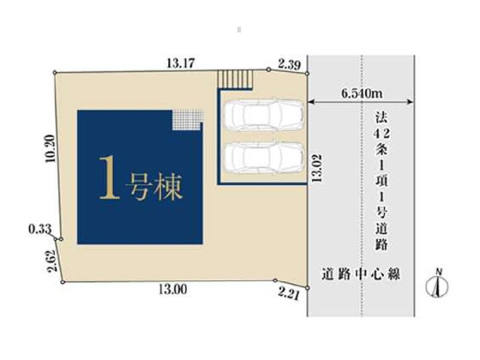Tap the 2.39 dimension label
[x=289, y=62]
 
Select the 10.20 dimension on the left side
[x=50, y=149]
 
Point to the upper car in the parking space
[x=262, y=116]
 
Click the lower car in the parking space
[x=262, y=157]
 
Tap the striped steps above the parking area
[x=237, y=78]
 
